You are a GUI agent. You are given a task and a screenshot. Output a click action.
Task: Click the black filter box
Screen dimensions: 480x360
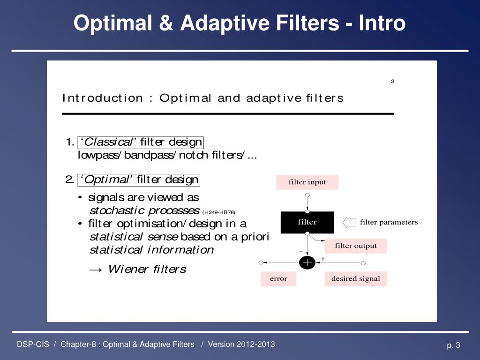pyautogui.click(x=307, y=222)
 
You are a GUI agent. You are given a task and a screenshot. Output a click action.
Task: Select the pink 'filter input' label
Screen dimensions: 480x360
pyautogui.click(x=307, y=182)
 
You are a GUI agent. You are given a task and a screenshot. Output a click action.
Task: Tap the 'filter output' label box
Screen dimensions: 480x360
pyautogui.click(x=356, y=246)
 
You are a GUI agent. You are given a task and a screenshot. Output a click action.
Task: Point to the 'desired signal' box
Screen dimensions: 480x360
pyautogui.click(x=356, y=279)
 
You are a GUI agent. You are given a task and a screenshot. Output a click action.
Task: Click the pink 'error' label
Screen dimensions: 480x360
pyautogui.click(x=278, y=279)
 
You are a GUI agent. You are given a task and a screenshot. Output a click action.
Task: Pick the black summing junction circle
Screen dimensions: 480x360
pyautogui.click(x=307, y=263)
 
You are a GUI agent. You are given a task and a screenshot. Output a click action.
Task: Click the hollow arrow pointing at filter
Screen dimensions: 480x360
pyautogui.click(x=350, y=222)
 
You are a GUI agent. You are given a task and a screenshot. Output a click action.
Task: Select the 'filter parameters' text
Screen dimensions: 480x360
pyautogui.click(x=389, y=222)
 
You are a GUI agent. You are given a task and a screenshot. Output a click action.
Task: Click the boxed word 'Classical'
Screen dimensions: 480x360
pyautogui.click(x=109, y=142)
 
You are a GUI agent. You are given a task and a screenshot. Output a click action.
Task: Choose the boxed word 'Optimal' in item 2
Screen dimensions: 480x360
pyautogui.click(x=107, y=180)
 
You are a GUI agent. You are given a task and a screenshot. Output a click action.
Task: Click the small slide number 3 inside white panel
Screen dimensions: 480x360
pyautogui.click(x=393, y=82)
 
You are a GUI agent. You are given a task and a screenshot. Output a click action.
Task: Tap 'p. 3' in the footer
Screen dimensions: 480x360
pyautogui.click(x=454, y=346)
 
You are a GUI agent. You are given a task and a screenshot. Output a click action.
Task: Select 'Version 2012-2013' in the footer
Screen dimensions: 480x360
pyautogui.click(x=241, y=345)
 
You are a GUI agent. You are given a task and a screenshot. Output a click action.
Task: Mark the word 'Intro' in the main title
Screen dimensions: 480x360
pyautogui.click(x=382, y=23)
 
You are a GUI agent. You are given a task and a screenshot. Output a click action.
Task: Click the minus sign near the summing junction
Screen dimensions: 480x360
pyautogui.click(x=301, y=252)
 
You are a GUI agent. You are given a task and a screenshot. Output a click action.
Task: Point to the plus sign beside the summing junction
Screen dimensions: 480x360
pyautogui.click(x=322, y=259)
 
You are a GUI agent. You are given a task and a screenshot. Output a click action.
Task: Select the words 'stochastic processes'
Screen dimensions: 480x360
pyautogui.click(x=144, y=210)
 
